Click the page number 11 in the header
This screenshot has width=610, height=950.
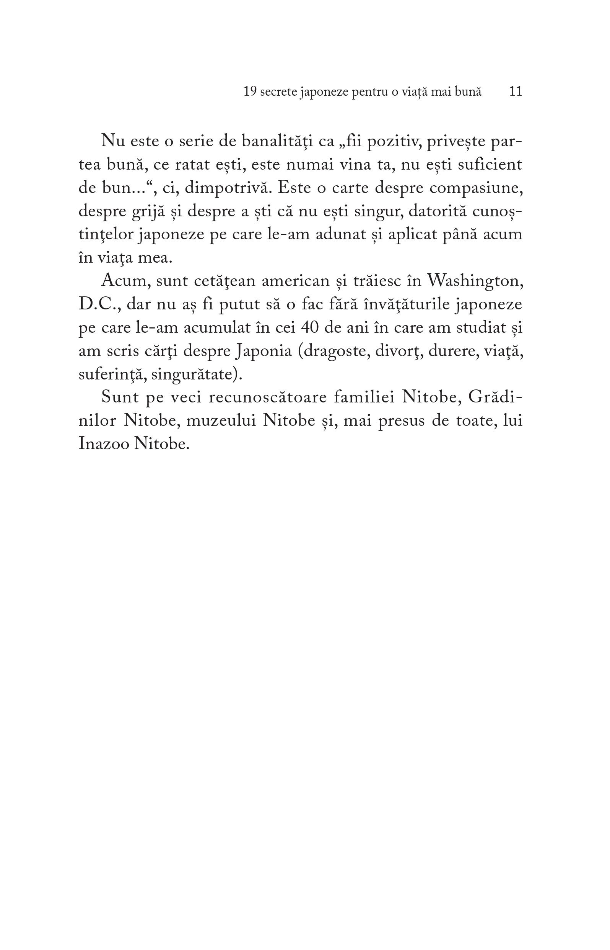tap(515, 92)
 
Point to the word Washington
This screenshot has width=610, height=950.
tap(473, 282)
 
